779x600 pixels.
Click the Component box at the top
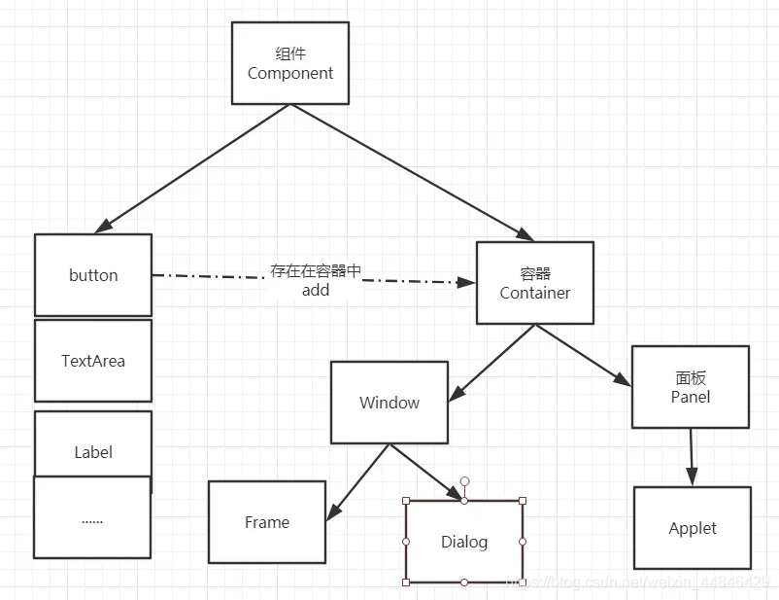[x=290, y=63]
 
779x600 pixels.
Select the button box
[x=93, y=275]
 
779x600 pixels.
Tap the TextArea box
[x=93, y=361]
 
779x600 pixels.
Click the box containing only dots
[x=92, y=519]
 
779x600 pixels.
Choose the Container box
[x=534, y=283]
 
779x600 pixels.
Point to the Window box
[x=389, y=403]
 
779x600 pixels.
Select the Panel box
[x=691, y=387]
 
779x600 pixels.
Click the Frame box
[x=267, y=522]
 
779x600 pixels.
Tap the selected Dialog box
[x=464, y=542]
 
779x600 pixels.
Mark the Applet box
[x=693, y=528]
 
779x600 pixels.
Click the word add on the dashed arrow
[x=316, y=290]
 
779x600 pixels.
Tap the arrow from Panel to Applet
[x=692, y=457]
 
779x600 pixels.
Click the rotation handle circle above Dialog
[x=464, y=481]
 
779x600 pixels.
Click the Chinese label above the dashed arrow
[x=316, y=270]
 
